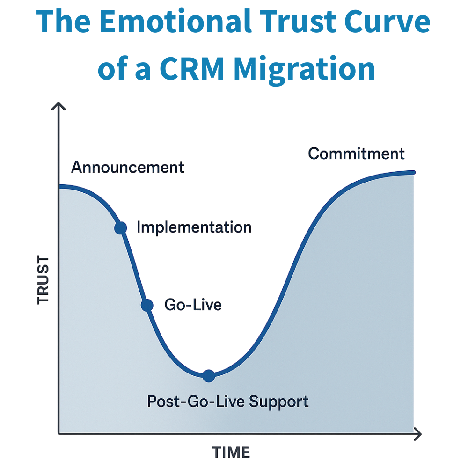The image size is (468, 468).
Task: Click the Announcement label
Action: click(128, 168)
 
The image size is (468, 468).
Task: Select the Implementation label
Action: click(194, 227)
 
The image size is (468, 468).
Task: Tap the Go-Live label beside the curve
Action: click(193, 305)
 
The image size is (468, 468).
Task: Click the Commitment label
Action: click(356, 154)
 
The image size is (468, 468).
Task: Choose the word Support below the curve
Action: click(279, 402)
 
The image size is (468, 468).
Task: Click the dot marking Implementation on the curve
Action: click(121, 228)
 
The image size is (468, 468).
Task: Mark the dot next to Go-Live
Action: click(147, 305)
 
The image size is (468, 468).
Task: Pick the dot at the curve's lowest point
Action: click(209, 375)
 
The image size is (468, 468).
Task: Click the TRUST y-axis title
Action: click(43, 280)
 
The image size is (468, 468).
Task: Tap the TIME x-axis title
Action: click(231, 453)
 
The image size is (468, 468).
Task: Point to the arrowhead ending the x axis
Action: click(418, 434)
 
